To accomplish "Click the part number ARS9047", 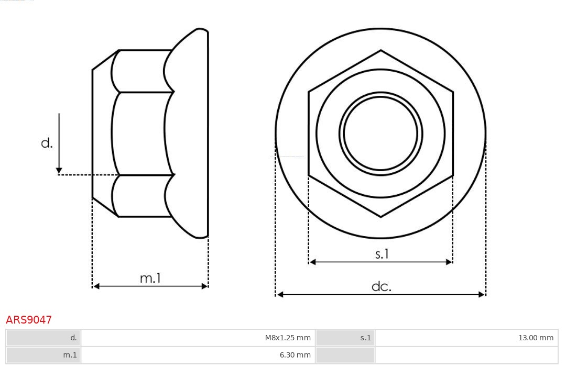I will [29, 320].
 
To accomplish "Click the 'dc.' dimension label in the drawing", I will [381, 286].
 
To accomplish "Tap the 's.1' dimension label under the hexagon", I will [382, 254].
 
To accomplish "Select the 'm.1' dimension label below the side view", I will [150, 279].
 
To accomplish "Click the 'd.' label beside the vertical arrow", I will [47, 143].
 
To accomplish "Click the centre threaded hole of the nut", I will [380, 133].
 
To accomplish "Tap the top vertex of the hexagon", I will [380, 51].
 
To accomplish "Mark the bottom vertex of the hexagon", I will [380, 216].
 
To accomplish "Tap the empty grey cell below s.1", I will [345, 355].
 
